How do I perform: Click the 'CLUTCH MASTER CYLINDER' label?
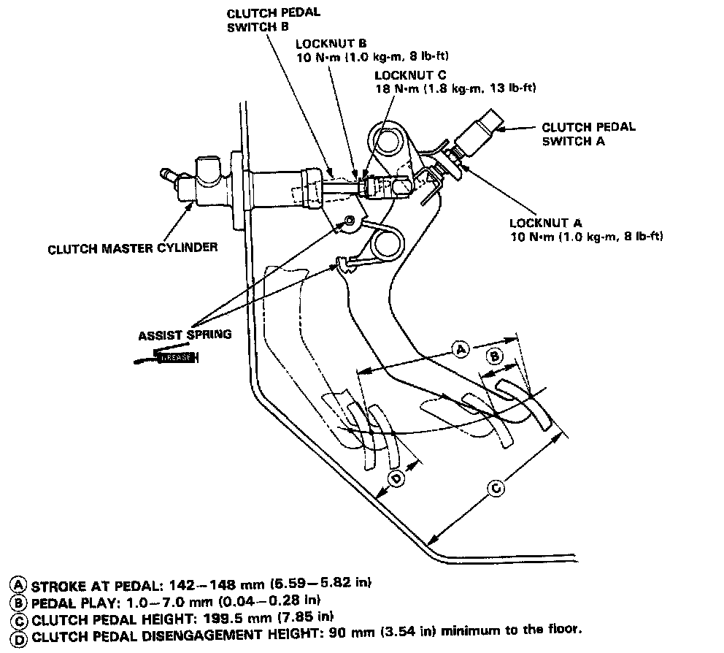coord(132,248)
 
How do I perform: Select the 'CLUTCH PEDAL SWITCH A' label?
coord(588,134)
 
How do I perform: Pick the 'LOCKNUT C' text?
coord(404,75)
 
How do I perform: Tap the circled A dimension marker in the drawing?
coord(461,351)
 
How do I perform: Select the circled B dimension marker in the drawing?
coord(494,356)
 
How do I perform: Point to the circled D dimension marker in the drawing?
coord(396,479)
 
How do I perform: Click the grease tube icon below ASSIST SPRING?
coord(169,357)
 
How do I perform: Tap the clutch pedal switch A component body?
coord(482,131)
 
